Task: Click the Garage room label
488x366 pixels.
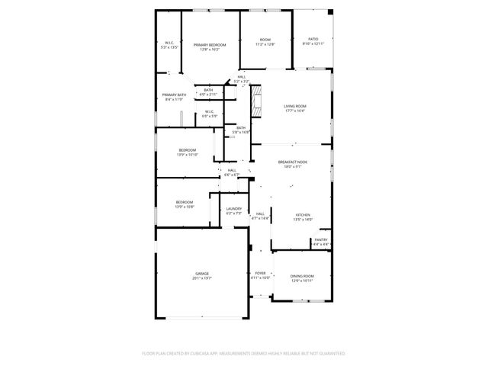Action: coord(201,274)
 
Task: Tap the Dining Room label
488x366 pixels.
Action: coord(303,276)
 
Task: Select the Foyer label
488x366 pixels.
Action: coord(261,273)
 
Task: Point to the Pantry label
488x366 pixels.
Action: coord(321,240)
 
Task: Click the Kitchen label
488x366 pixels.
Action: coord(303,215)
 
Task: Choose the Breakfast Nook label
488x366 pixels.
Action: coord(293,162)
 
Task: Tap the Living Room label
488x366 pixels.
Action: coord(295,107)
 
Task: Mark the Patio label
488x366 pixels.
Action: coord(313,39)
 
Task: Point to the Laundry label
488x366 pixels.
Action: coord(234,208)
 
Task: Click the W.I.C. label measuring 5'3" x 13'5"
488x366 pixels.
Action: coord(169,43)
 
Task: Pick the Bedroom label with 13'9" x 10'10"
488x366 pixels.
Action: coord(188,150)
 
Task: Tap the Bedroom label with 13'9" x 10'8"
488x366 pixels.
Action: coord(185,202)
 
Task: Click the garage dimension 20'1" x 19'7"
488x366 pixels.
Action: coord(201,278)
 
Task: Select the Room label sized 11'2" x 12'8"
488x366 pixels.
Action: coord(265,40)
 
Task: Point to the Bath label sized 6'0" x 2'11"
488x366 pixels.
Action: coord(208,89)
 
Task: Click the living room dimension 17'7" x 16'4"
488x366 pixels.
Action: coord(295,111)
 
